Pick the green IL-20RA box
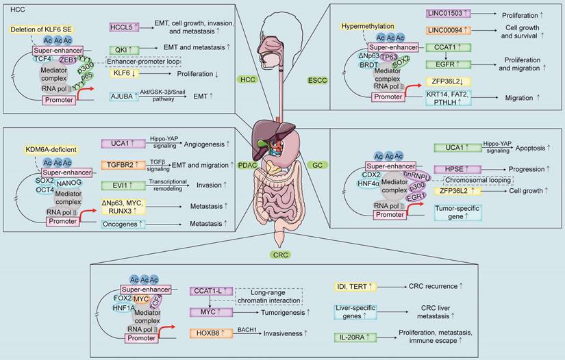click(x=354, y=337)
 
